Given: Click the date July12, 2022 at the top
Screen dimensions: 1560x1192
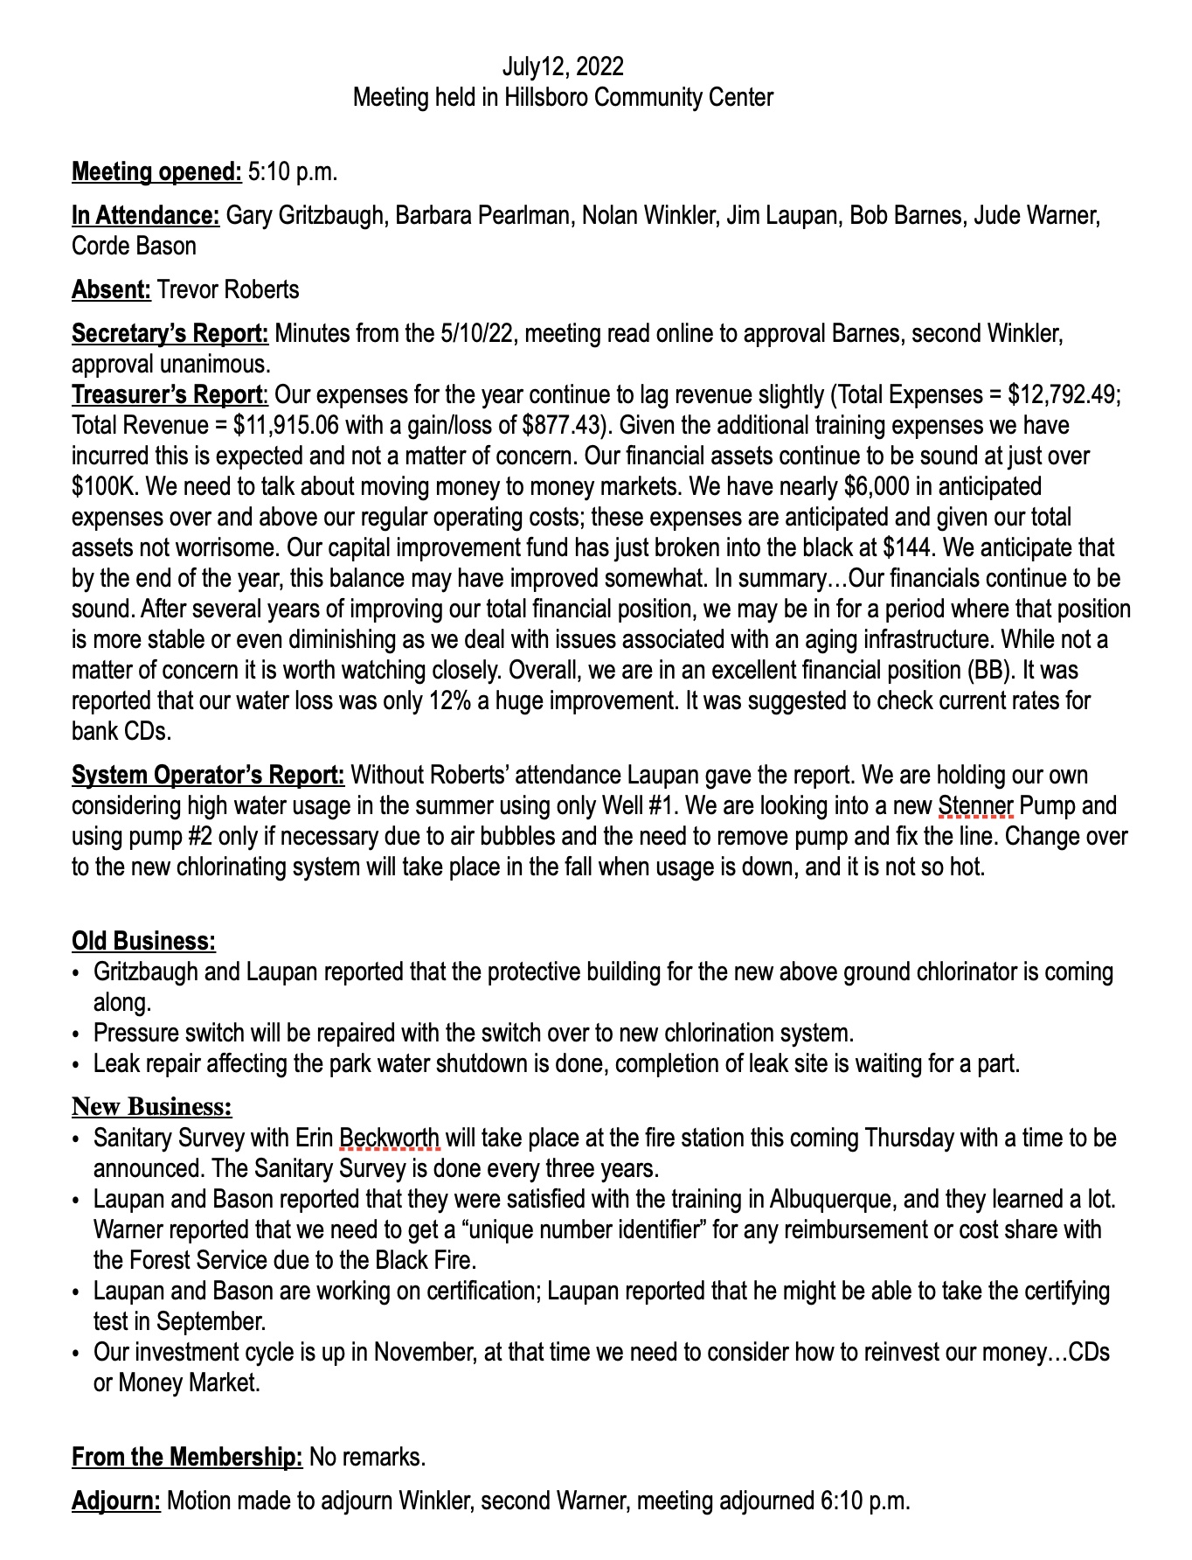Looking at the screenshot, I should coord(563,66).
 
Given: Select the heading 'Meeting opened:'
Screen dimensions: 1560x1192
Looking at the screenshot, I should coord(156,171).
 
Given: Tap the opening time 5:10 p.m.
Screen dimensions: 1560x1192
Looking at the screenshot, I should coord(293,171).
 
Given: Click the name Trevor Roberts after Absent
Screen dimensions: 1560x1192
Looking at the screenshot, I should coord(227,289).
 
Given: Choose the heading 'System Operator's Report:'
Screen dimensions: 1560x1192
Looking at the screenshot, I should coord(208,775).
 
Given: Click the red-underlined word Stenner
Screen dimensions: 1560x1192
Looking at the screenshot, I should coord(975,805).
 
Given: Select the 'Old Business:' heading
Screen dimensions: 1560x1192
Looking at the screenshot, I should coord(143,941).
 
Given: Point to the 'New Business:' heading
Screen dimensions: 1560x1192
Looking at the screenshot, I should coord(152,1107).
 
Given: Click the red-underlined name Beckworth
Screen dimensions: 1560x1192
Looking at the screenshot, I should coord(389,1138).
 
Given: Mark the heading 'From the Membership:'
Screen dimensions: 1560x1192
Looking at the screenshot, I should coord(187,1457).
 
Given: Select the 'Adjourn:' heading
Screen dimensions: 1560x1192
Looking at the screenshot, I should coord(116,1501).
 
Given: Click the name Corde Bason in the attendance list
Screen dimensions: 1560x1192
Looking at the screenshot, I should coord(134,246).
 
